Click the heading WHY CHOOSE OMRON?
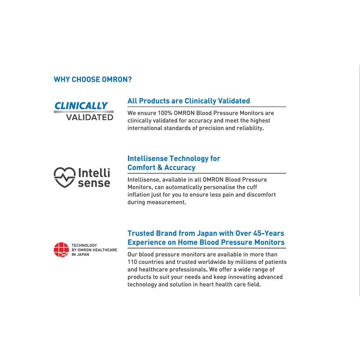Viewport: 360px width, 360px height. pyautogui.click(x=92, y=79)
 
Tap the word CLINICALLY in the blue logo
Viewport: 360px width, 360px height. pyautogui.click(x=81, y=106)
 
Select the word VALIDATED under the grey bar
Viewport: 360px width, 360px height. pyautogui.click(x=90, y=117)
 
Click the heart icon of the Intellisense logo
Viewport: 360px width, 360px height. pyautogui.click(x=64, y=177)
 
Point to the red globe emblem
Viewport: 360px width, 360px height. pyautogui.click(x=61, y=250)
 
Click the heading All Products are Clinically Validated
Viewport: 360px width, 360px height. pyautogui.click(x=188, y=101)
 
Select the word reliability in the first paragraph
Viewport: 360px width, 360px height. pyautogui.click(x=249, y=128)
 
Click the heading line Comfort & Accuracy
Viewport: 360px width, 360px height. pyautogui.click(x=161, y=168)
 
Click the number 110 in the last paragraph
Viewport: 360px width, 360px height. pyautogui.click(x=133, y=262)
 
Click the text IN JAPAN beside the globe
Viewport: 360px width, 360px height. pyautogui.click(x=81, y=255)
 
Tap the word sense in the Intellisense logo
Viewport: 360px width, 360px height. pyautogui.click(x=94, y=183)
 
